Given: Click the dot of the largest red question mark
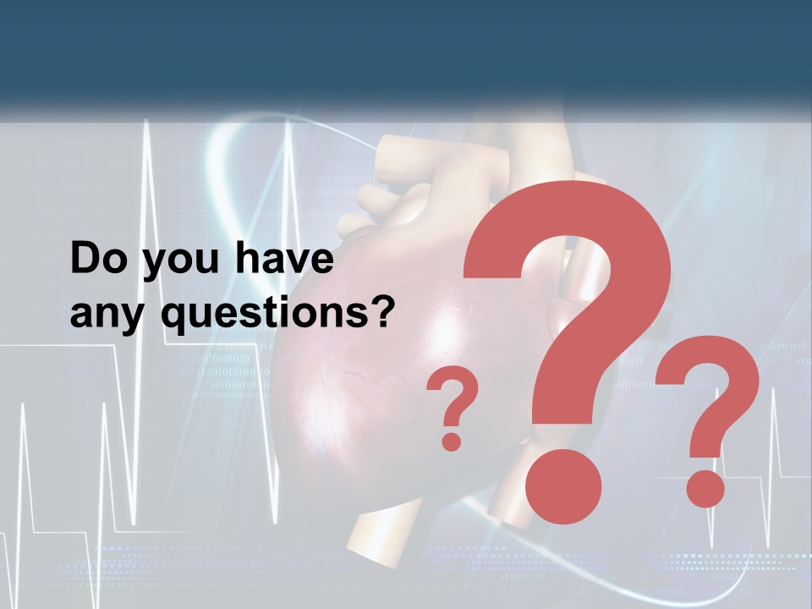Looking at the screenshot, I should click(x=562, y=488).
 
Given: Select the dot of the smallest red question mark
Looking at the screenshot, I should click(x=452, y=441).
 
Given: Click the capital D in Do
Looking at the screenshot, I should click(x=85, y=260).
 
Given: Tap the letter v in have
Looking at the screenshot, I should click(x=297, y=262).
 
